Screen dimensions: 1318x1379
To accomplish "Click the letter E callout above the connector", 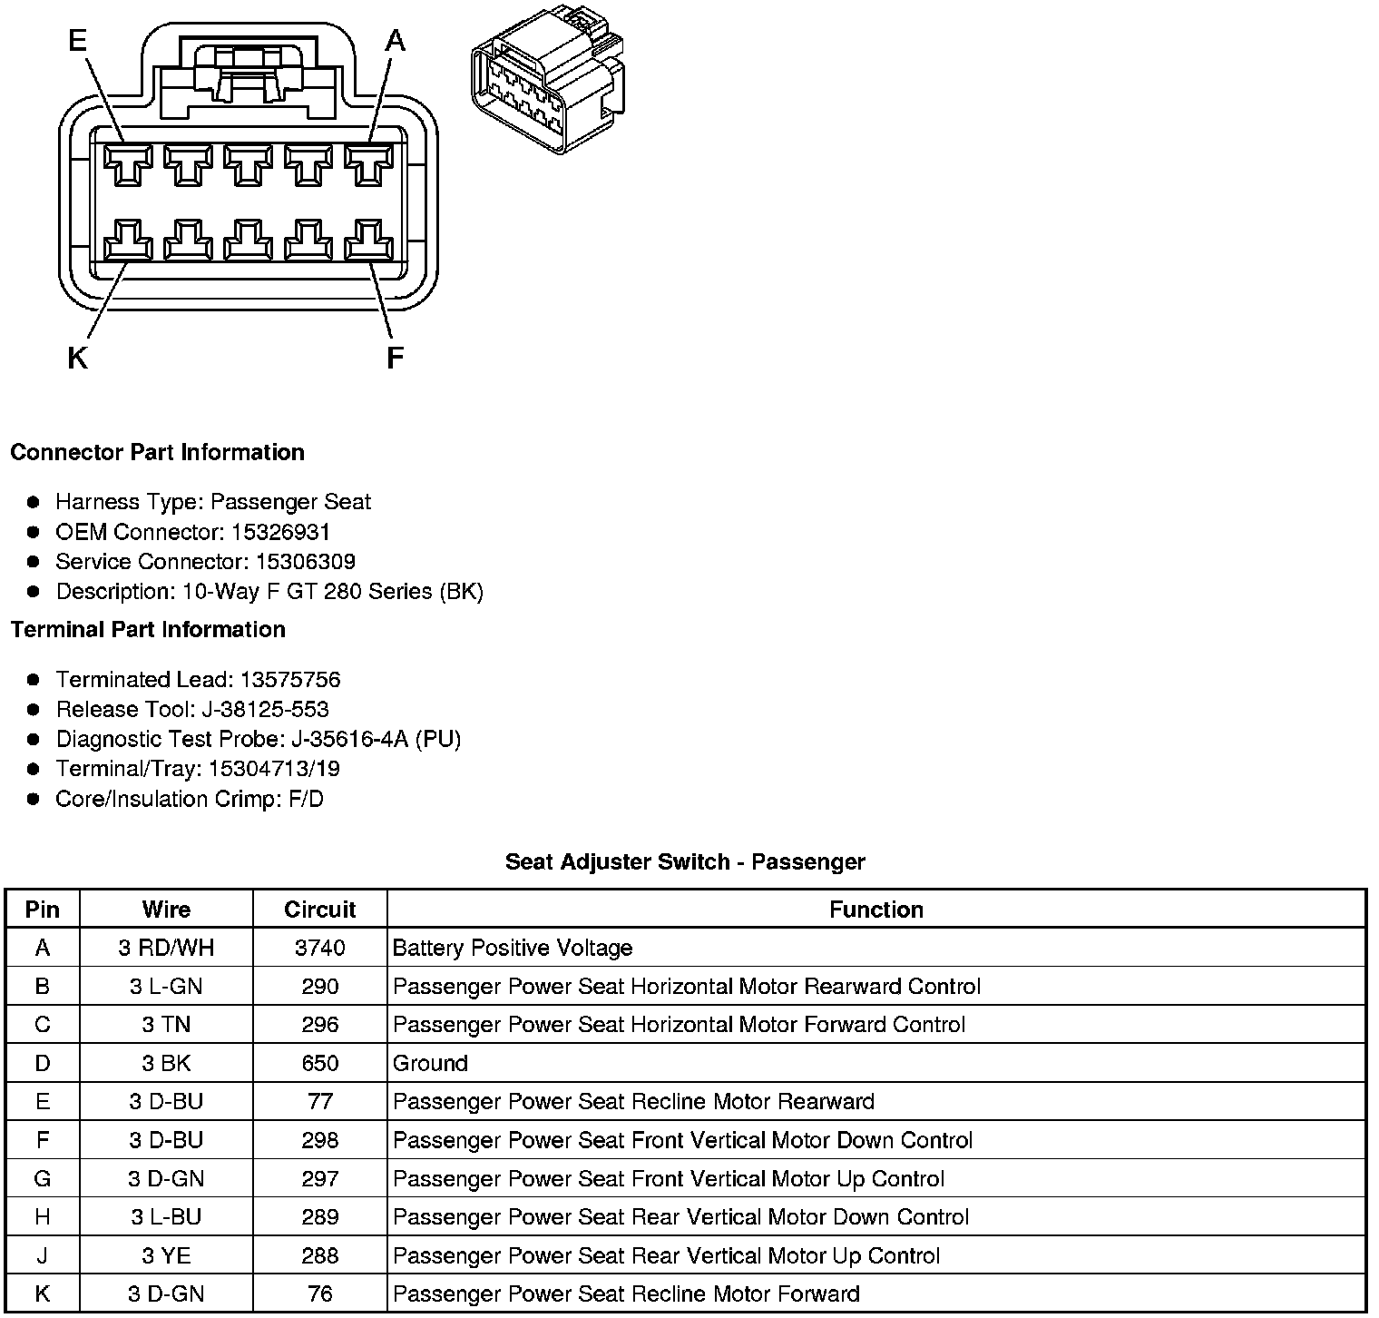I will [78, 40].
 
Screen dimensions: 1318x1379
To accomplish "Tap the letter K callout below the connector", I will [78, 359].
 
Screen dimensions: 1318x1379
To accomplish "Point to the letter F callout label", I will [394, 359].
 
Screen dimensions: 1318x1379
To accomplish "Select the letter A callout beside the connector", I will [395, 40].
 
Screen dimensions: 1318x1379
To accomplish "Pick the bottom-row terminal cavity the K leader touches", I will [127, 241].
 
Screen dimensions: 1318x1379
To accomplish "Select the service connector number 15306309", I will [305, 562].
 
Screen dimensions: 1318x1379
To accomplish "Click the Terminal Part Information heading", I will [148, 630].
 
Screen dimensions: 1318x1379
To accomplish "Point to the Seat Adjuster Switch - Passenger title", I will [685, 861].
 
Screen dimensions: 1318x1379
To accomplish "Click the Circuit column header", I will [319, 910].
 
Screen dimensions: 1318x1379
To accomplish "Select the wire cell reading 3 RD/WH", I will [166, 949].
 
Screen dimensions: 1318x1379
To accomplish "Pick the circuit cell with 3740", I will [319, 949].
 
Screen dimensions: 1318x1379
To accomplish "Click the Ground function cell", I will [430, 1064].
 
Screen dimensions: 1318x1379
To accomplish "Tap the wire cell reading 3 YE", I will [166, 1256].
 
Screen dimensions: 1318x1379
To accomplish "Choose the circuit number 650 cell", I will [319, 1064].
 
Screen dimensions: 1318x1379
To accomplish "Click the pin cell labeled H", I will [43, 1217].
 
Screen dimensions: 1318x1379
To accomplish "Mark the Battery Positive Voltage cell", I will [513, 949].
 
